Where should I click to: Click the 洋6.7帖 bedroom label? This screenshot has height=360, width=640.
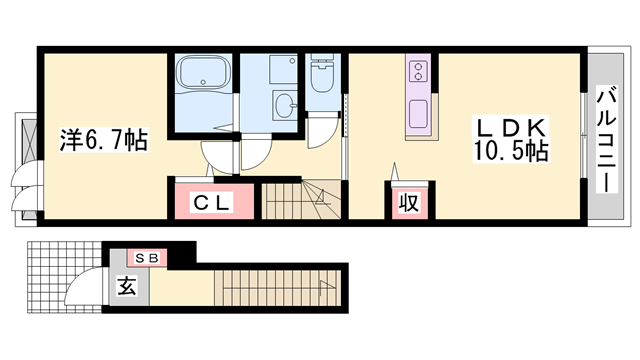pyautogui.click(x=104, y=140)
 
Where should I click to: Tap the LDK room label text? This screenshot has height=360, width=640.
pyautogui.click(x=511, y=128)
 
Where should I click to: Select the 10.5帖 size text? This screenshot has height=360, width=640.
pyautogui.click(x=511, y=151)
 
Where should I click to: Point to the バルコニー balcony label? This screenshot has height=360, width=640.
pyautogui.click(x=607, y=139)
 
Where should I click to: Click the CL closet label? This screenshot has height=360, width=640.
pyautogui.click(x=211, y=202)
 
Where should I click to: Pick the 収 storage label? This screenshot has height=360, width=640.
pyautogui.click(x=409, y=202)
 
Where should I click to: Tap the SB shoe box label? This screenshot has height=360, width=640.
pyautogui.click(x=146, y=258)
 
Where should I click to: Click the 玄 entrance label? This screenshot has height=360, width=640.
pyautogui.click(x=127, y=285)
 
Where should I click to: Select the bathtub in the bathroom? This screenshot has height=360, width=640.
pyautogui.click(x=203, y=72)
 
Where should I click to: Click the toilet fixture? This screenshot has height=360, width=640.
pyautogui.click(x=323, y=74)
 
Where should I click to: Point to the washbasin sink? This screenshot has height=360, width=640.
pyautogui.click(x=285, y=105)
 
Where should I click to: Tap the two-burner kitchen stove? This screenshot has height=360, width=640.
pyautogui.click(x=418, y=71)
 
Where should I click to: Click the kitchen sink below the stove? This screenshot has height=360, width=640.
pyautogui.click(x=418, y=113)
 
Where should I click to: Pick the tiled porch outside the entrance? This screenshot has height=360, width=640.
pyautogui.click(x=64, y=277)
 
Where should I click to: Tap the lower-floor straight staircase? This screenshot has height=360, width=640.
pyautogui.click(x=278, y=288)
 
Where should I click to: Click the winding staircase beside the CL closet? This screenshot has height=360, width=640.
pyautogui.click(x=301, y=201)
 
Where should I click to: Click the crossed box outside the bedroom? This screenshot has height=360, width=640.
pyautogui.click(x=29, y=140)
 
